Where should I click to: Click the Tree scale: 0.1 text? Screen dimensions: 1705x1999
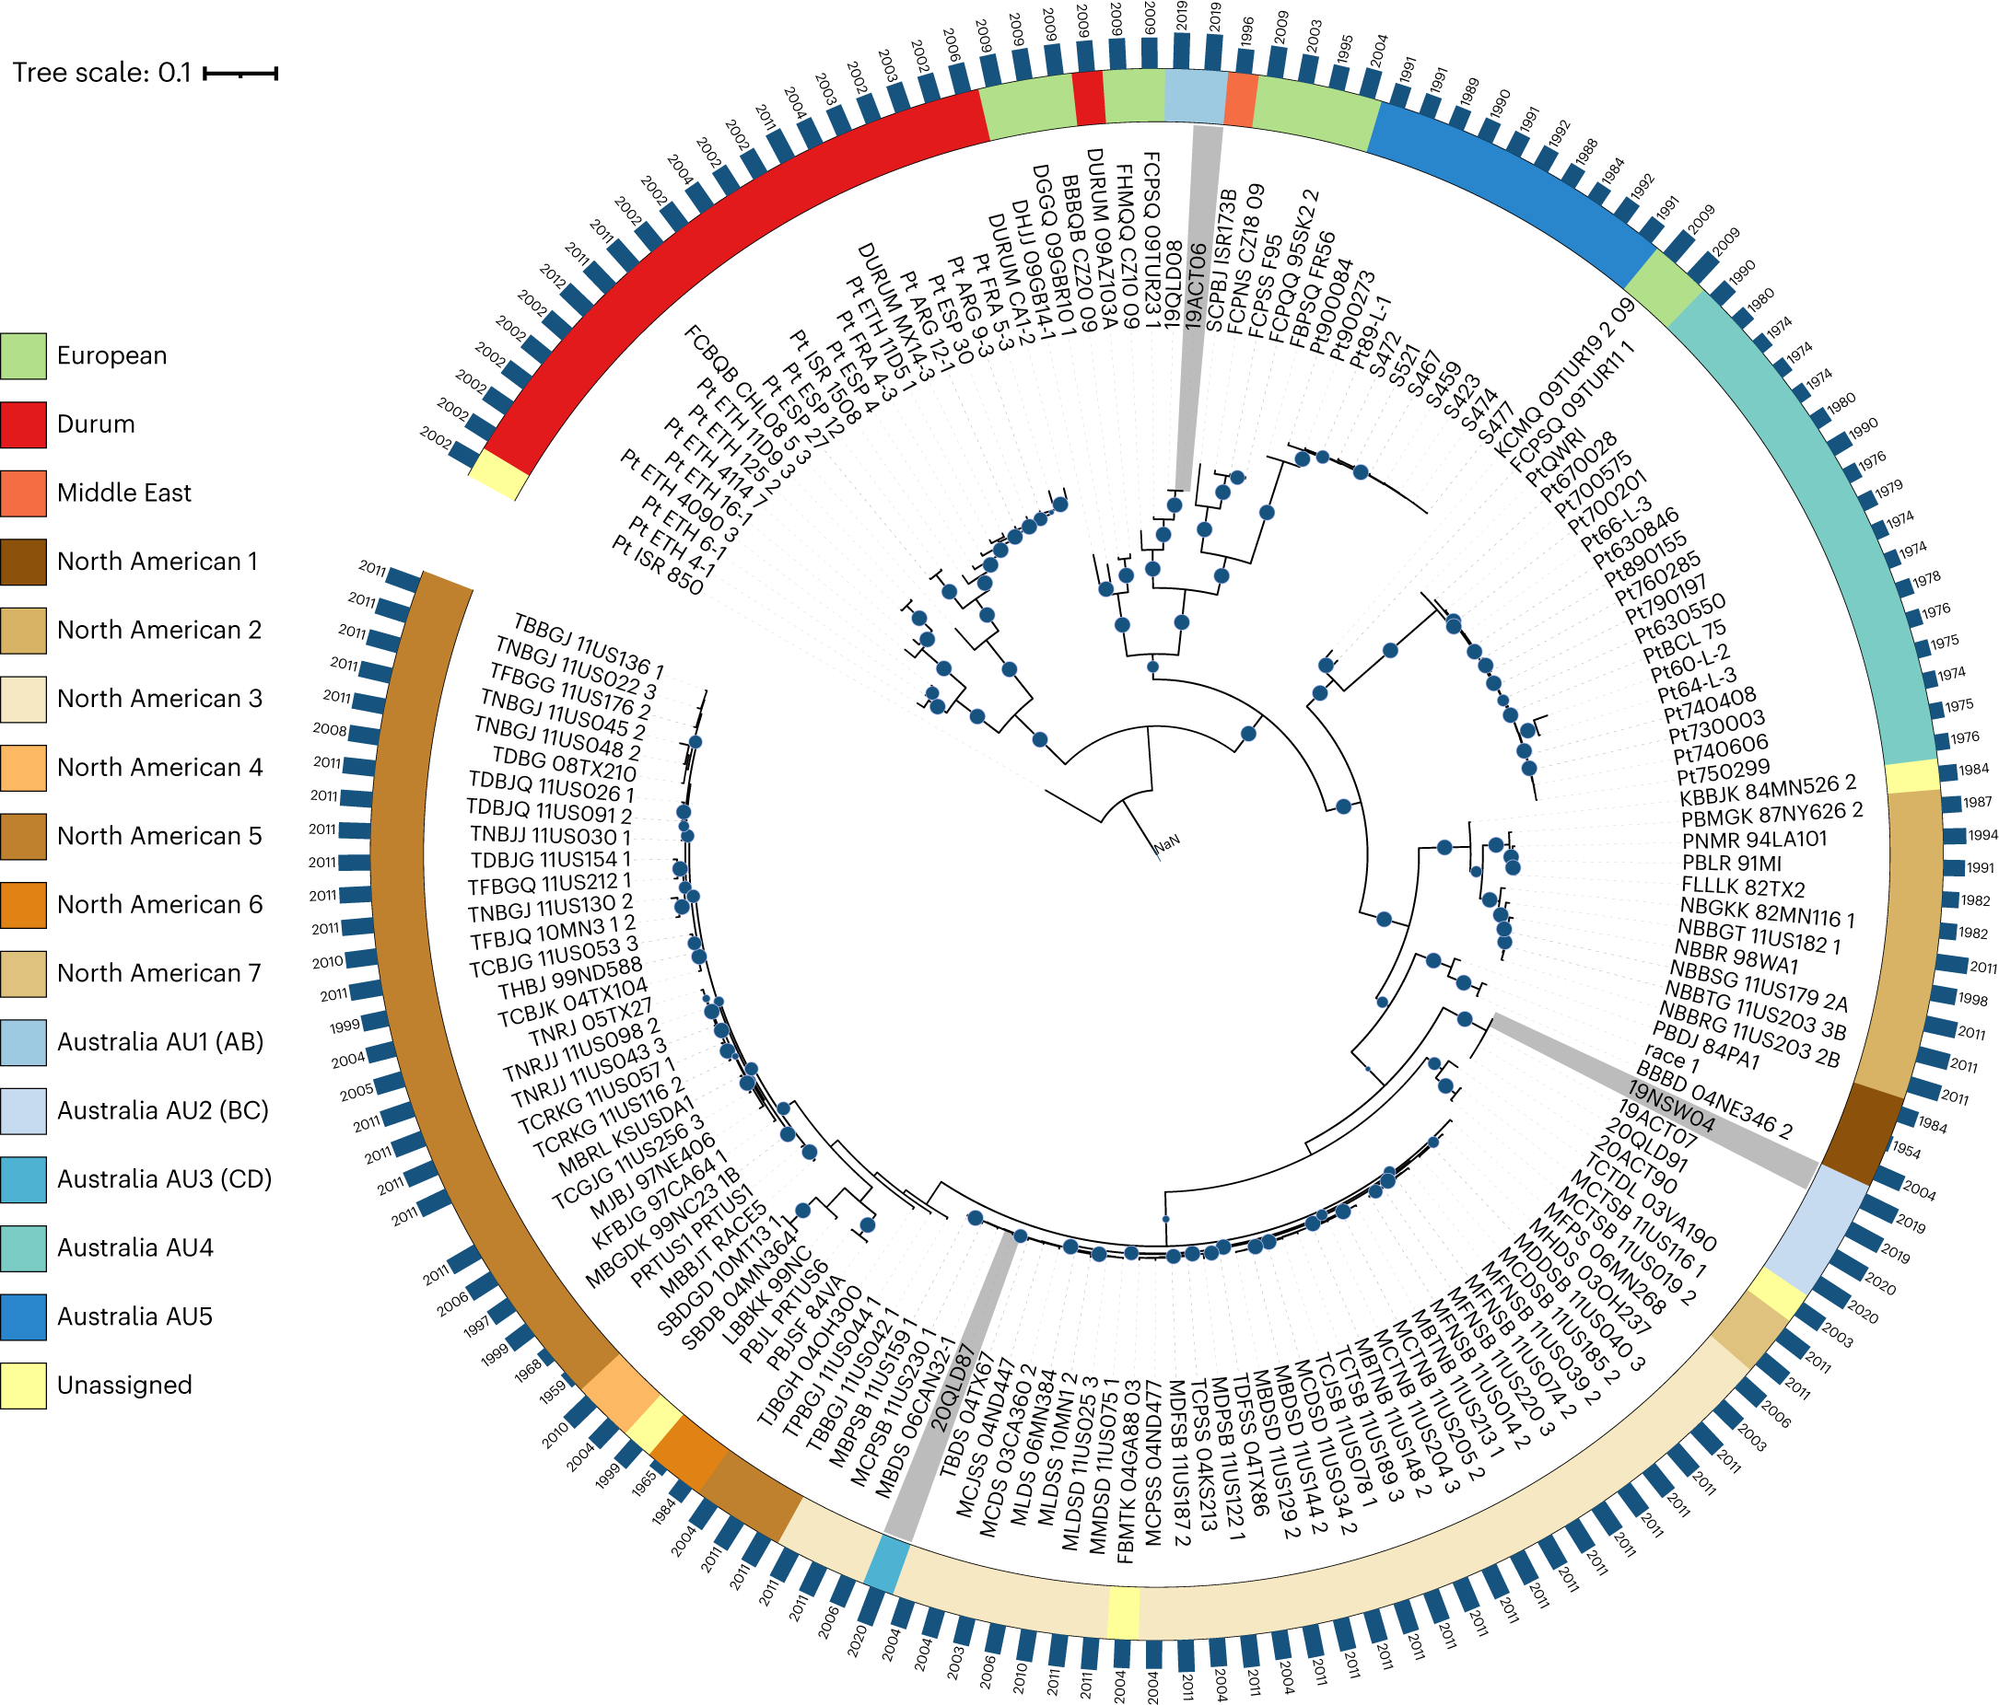pyautogui.click(x=101, y=73)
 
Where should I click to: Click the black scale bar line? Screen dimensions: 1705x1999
pyautogui.click(x=240, y=73)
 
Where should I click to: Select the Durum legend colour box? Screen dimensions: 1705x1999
pyautogui.click(x=23, y=424)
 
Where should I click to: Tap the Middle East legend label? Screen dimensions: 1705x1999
pyautogui.click(x=123, y=493)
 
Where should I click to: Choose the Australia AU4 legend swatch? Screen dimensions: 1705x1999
pyautogui.click(x=23, y=1247)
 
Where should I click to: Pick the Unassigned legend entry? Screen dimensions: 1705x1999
pyautogui.click(x=123, y=1385)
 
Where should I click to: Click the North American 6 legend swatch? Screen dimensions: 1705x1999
pyautogui.click(x=23, y=905)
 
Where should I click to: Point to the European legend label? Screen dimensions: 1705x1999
pyautogui.click(x=111, y=356)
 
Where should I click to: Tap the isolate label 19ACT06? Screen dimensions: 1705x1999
pyautogui.click(x=1195, y=287)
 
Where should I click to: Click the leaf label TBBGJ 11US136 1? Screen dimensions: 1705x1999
pyautogui.click(x=589, y=644)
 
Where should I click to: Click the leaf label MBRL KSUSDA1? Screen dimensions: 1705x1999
pyautogui.click(x=626, y=1136)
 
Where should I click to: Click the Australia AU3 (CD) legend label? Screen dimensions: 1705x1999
pyautogui.click(x=164, y=1178)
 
